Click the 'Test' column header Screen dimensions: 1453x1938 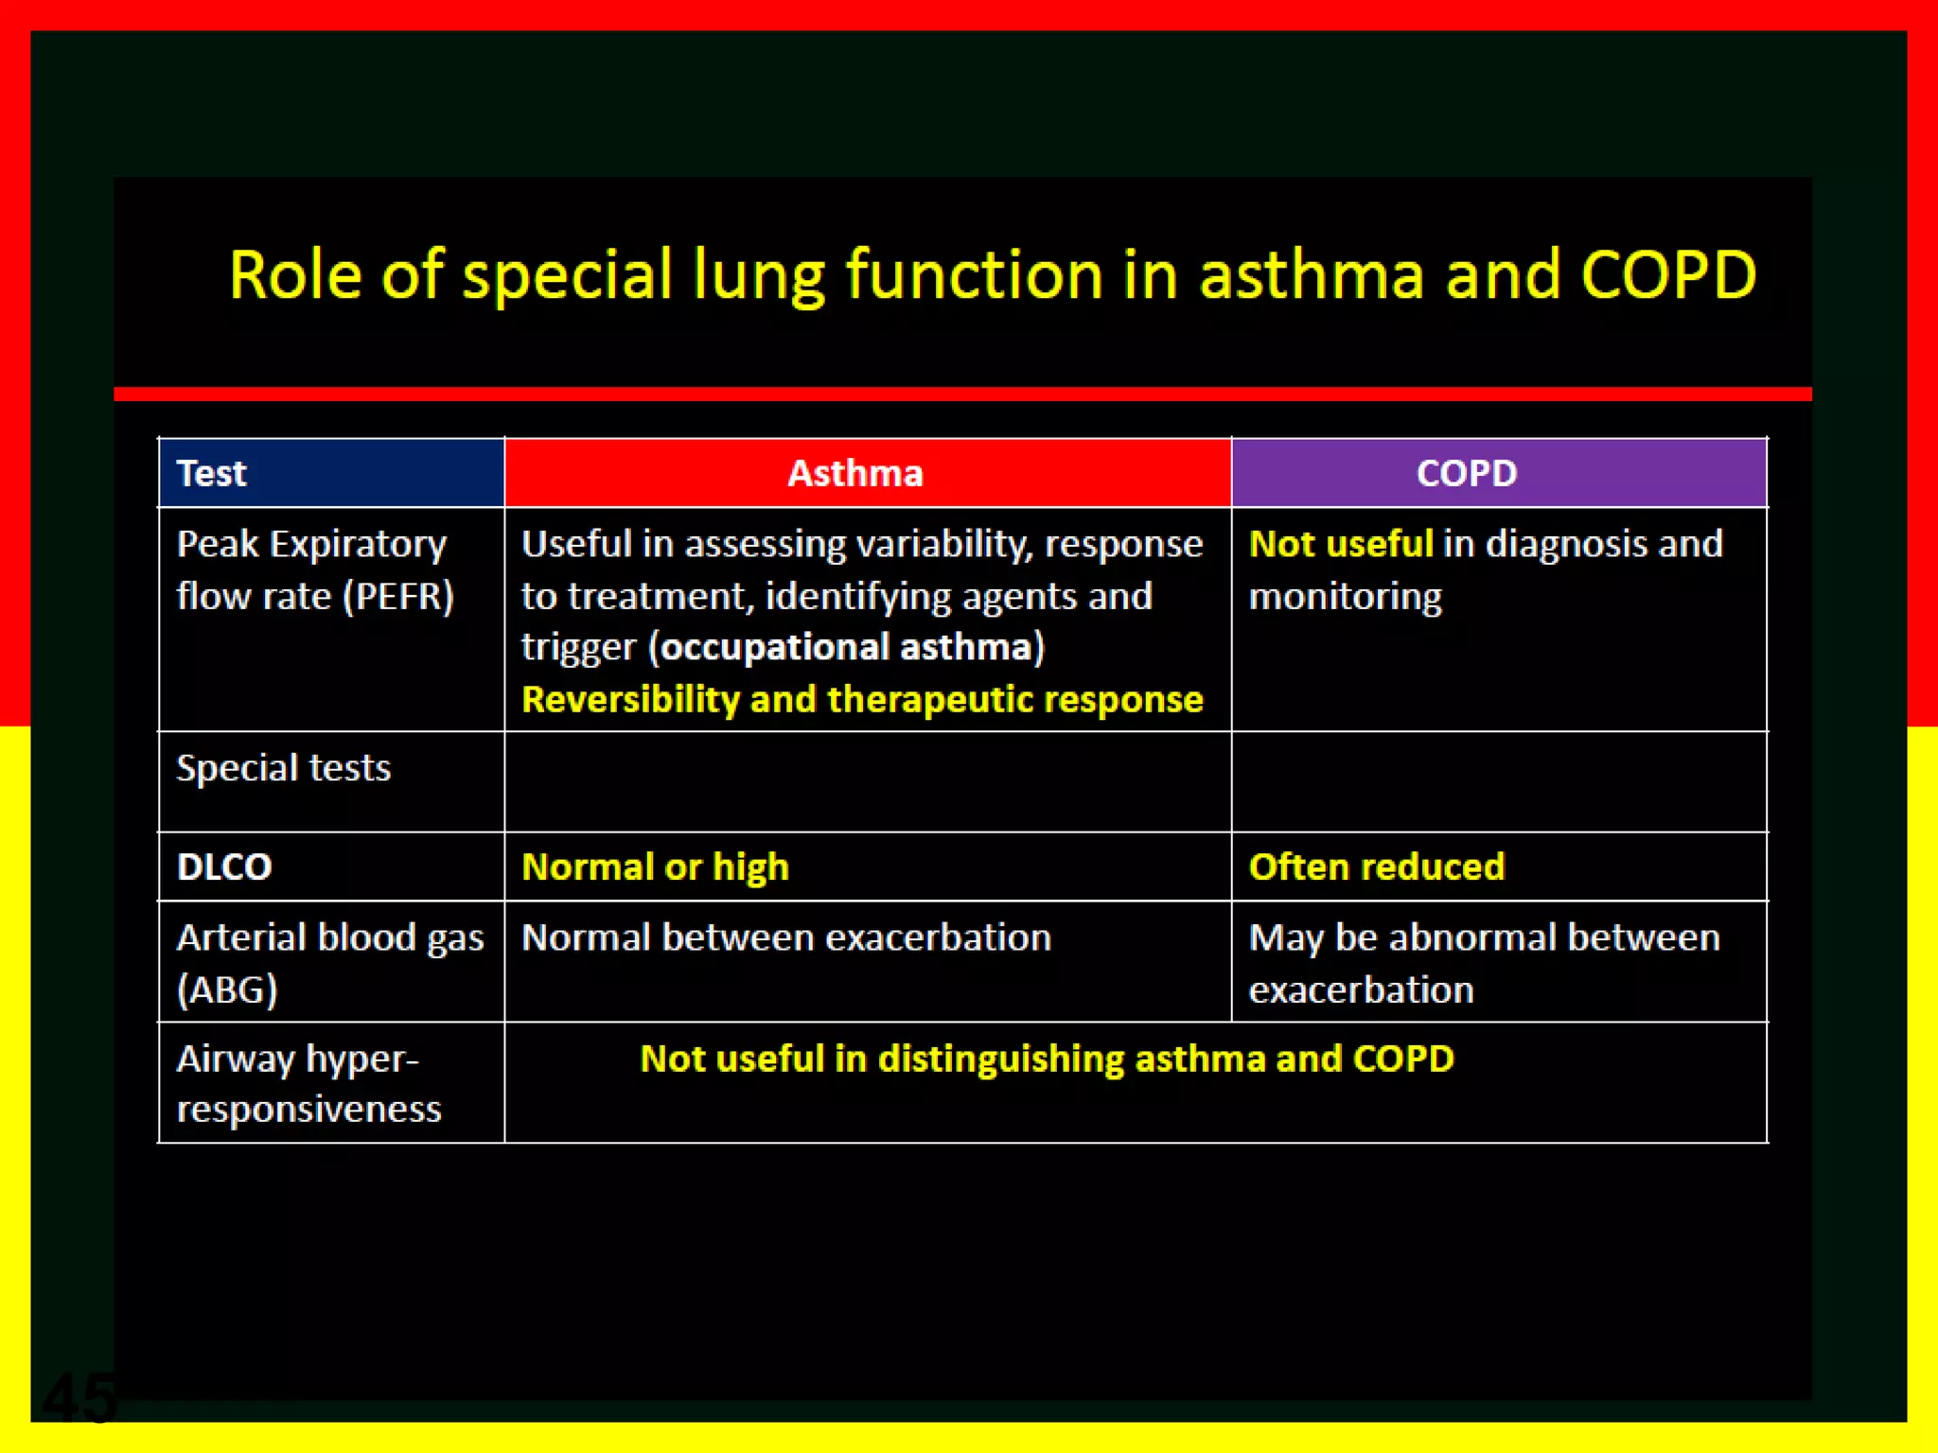tap(212, 473)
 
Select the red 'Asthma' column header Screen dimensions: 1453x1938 tap(854, 473)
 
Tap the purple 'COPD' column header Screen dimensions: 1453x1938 tap(1466, 473)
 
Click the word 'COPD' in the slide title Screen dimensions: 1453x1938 tap(1668, 275)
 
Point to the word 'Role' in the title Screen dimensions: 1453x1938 tap(295, 275)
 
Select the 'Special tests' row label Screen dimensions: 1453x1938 tap(283, 767)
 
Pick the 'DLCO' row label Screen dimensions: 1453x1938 tap(224, 867)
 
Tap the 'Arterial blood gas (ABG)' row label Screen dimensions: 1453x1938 tap(328, 962)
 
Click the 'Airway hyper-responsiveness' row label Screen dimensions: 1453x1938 tap(308, 1082)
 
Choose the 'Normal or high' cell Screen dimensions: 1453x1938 tap(655, 867)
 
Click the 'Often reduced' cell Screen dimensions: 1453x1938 tap(1376, 867)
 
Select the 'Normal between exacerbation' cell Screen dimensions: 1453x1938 tap(785, 937)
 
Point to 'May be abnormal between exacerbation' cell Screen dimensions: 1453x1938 tap(1483, 962)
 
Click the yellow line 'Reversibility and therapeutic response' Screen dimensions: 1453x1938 tap(862, 699)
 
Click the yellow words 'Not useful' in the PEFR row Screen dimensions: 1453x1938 tap(1341, 544)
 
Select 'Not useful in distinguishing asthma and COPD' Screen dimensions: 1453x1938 tap(1047, 1059)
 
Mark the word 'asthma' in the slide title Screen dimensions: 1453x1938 tap(1312, 275)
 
